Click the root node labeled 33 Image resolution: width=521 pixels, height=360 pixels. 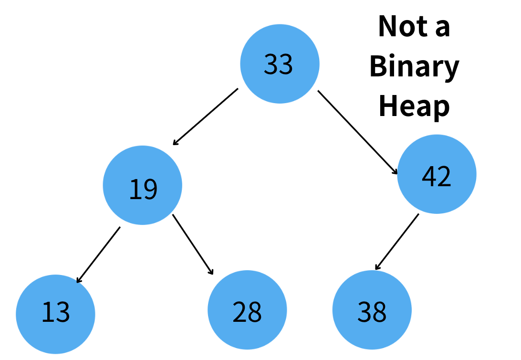pos(279,64)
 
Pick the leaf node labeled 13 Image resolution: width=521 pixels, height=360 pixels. pos(55,314)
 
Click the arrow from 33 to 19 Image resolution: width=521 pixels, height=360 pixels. pos(205,116)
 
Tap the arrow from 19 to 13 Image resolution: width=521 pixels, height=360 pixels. pos(98,254)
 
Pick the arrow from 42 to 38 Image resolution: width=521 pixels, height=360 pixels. pos(397,241)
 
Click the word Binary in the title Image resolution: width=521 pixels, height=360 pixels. pos(414,66)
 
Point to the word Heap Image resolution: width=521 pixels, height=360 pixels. pos(414,106)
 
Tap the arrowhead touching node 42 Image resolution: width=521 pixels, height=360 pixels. pos(395,172)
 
